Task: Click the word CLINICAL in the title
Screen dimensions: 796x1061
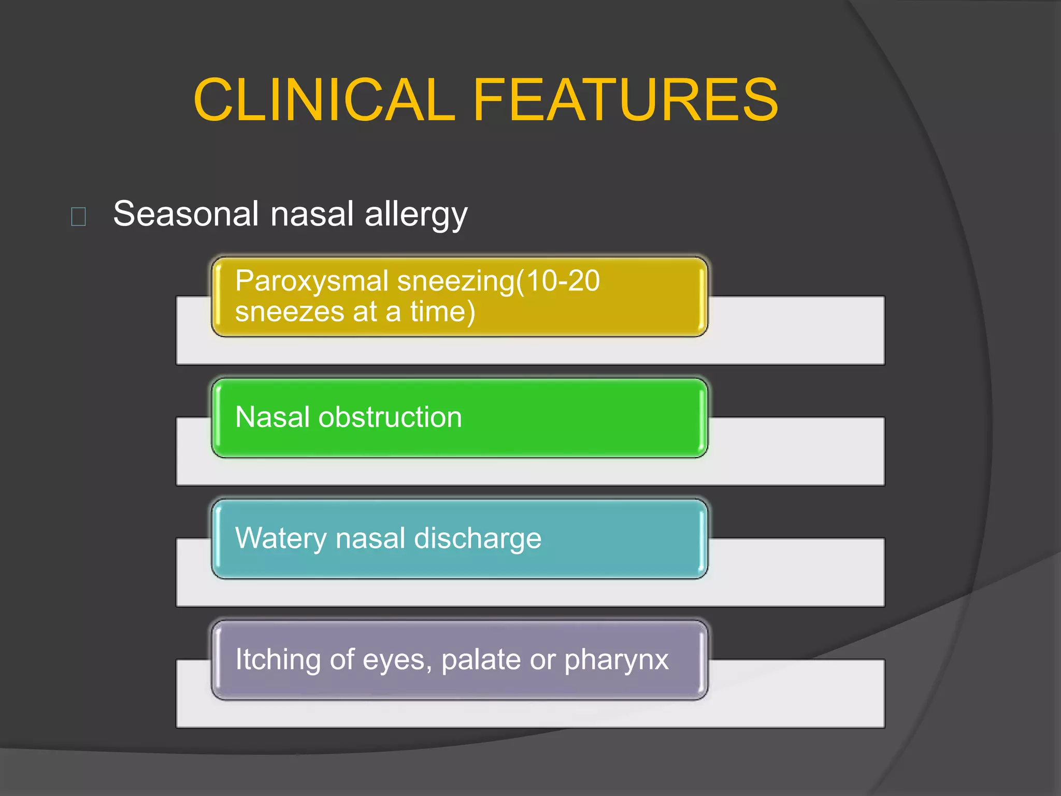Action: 324,99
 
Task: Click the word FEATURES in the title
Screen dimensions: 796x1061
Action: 625,99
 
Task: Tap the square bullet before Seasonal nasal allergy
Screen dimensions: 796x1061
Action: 78,216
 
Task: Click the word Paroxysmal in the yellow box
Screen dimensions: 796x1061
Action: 312,282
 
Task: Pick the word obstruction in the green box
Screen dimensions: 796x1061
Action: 390,417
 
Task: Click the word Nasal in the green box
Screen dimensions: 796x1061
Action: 273,417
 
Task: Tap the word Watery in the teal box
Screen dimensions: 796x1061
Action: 281,539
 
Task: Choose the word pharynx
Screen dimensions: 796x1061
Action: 616,660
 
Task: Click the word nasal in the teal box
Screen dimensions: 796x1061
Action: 370,538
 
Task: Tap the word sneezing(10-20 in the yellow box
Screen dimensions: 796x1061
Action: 498,282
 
